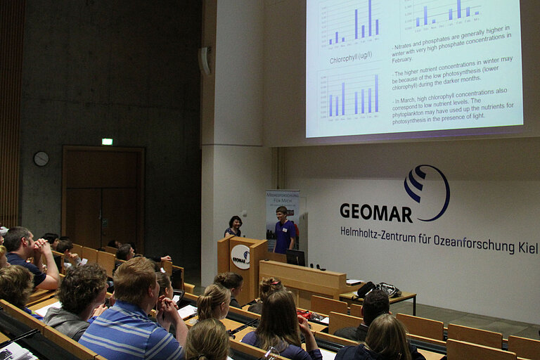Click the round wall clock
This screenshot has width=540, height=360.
point(41,159)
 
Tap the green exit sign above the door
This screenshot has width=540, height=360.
point(107,141)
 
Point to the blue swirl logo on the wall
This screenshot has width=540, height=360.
point(426,191)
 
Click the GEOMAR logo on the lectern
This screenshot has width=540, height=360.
point(240,257)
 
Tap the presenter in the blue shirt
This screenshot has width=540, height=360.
point(283,231)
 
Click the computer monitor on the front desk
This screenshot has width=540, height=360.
point(295,257)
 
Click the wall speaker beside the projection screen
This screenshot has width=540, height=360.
point(205,60)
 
